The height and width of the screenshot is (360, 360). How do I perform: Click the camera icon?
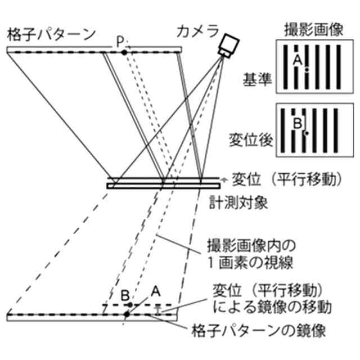228,44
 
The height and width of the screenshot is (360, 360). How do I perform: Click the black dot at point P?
124,52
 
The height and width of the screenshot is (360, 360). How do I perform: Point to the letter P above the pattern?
120,41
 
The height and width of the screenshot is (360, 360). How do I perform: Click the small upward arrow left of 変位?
223,179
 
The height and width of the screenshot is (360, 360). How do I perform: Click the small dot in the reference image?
307,70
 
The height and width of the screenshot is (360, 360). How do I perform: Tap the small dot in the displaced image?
306,133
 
